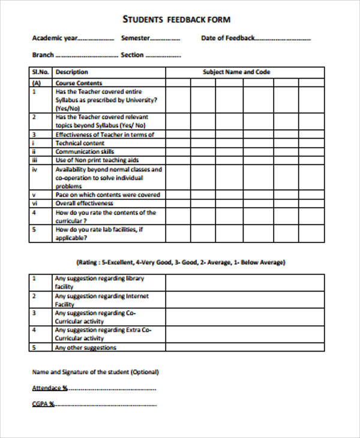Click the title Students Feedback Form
click(x=176, y=20)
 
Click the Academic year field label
click(x=55, y=38)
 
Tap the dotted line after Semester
click(x=165, y=39)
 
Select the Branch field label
click(x=43, y=55)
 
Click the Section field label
click(x=132, y=55)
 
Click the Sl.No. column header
click(x=40, y=72)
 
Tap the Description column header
click(x=71, y=72)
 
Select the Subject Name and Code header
click(x=236, y=72)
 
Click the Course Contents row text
click(x=79, y=83)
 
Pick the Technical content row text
click(x=80, y=143)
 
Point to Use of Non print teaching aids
click(x=97, y=161)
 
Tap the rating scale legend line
click(x=181, y=262)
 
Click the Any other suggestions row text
click(x=85, y=348)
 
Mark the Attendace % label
click(x=49, y=388)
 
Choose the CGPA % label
click(x=43, y=404)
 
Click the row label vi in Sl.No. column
click(x=34, y=203)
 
